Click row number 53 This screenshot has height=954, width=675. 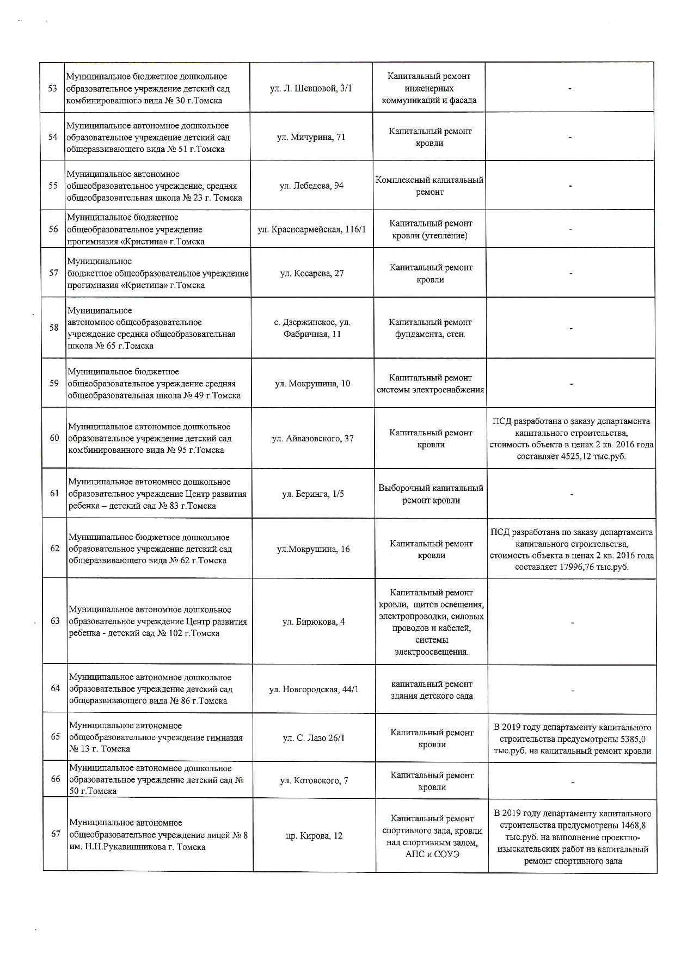click(x=53, y=88)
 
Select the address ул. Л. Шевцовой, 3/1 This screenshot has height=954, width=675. click(x=311, y=88)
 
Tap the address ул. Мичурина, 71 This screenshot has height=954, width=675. click(x=311, y=137)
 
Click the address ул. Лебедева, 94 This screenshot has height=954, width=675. click(x=311, y=186)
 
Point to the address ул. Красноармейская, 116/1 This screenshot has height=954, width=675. click(x=312, y=230)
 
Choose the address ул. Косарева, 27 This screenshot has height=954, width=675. click(x=312, y=273)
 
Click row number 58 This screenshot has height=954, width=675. click(x=54, y=328)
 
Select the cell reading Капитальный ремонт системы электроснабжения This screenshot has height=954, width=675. click(x=430, y=384)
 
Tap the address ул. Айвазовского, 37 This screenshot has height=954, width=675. click(x=312, y=439)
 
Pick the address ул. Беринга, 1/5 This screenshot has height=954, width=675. click(x=313, y=494)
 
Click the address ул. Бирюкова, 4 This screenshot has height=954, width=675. click(x=314, y=621)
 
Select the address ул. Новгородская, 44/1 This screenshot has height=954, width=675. click(x=314, y=690)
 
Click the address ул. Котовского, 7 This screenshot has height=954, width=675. click(x=314, y=781)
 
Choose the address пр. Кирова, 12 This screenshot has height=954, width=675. click(x=314, y=835)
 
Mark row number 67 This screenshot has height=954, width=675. click(x=56, y=834)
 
